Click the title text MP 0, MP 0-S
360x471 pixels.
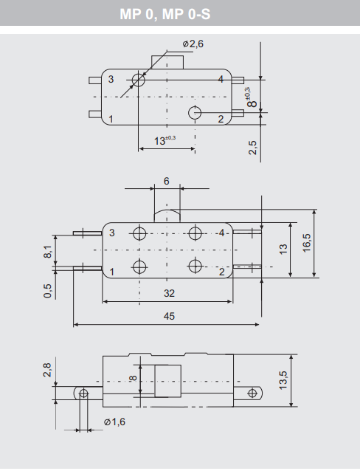coord(180,13)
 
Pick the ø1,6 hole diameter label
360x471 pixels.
coord(115,422)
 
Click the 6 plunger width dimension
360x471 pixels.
coord(167,182)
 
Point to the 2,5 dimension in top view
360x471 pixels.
coord(253,146)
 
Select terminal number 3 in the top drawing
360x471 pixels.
coord(111,79)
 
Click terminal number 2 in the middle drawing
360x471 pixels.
coord(221,272)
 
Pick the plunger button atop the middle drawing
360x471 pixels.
coord(167,216)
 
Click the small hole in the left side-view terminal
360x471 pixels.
coord(83,393)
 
